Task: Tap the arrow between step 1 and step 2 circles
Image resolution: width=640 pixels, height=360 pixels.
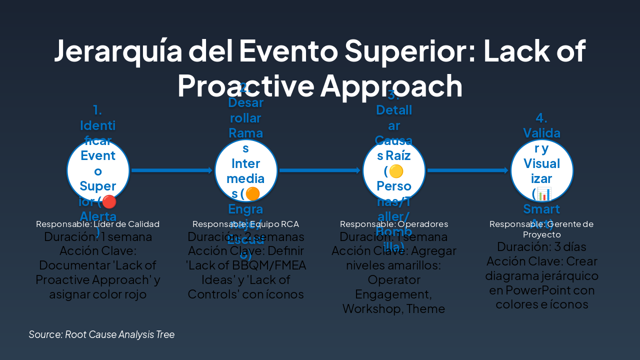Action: pyautogui.click(x=171, y=170)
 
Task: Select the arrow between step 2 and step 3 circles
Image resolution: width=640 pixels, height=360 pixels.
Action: pyautogui.click(x=319, y=170)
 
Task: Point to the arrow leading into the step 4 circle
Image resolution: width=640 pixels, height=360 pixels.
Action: pyautogui.click(x=467, y=170)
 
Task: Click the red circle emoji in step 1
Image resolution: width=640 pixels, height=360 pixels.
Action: pyautogui.click(x=109, y=201)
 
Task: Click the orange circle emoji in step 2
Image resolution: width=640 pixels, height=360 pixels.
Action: pyautogui.click(x=253, y=193)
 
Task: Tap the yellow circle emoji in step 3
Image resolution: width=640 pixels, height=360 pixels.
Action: pyautogui.click(x=396, y=171)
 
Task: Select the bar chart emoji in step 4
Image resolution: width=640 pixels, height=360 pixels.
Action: pyautogui.click(x=544, y=193)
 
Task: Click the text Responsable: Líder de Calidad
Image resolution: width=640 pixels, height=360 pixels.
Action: pyautogui.click(x=98, y=224)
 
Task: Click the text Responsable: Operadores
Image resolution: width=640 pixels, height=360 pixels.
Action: pyautogui.click(x=394, y=224)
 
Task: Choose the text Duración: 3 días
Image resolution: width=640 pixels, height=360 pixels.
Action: pyautogui.click(x=541, y=246)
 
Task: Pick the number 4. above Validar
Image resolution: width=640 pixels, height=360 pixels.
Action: pyautogui.click(x=541, y=118)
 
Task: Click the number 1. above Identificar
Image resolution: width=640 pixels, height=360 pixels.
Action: pyautogui.click(x=97, y=110)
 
